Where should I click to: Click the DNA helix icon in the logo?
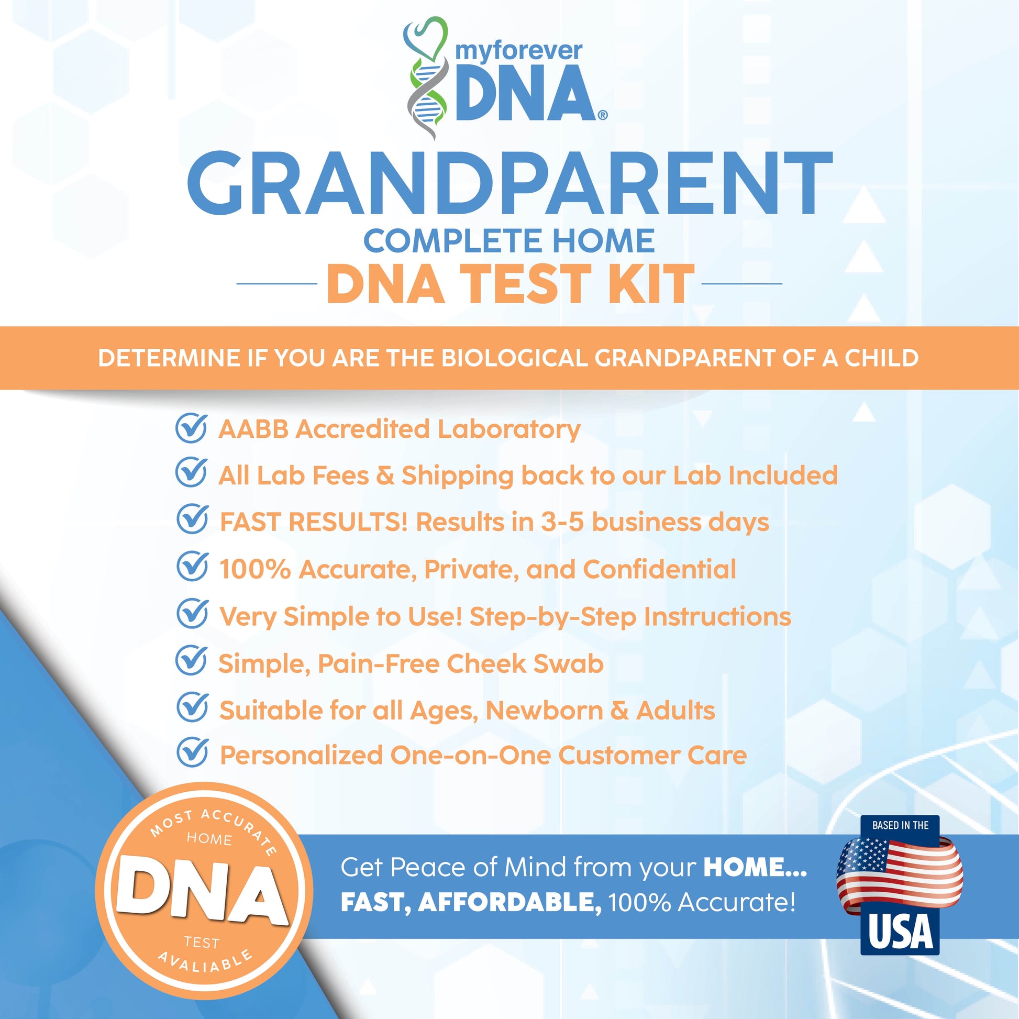click(426, 79)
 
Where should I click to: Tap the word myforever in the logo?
click(518, 51)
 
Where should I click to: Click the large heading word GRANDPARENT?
click(509, 184)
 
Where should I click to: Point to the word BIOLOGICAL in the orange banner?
click(514, 358)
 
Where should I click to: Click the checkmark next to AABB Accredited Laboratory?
click(191, 428)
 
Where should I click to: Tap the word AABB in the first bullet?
click(253, 429)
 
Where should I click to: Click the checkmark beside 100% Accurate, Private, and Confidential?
click(192, 567)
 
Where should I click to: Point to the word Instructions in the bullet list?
click(717, 616)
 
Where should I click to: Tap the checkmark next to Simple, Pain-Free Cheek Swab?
click(191, 661)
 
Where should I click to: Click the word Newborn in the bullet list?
click(544, 711)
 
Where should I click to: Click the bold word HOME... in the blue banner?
click(755, 868)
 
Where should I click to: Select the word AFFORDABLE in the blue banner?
click(509, 903)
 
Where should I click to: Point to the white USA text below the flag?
click(900, 932)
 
